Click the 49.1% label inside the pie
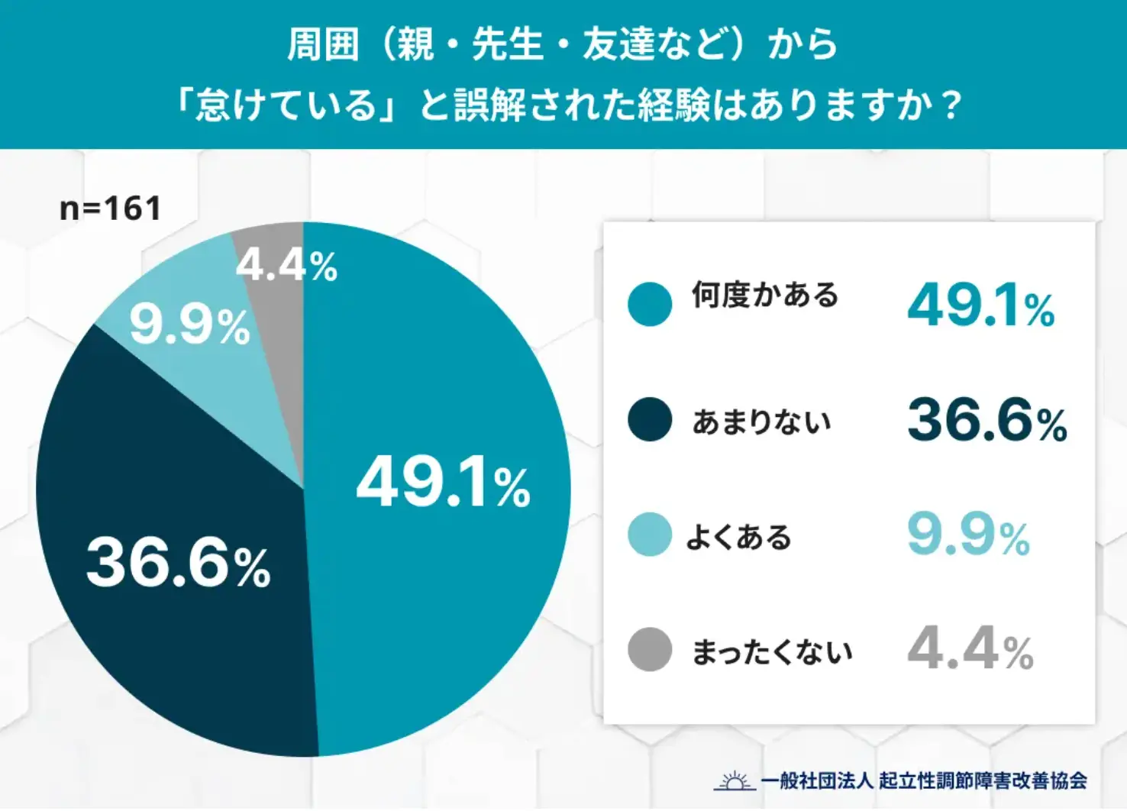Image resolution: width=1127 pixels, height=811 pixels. [443, 483]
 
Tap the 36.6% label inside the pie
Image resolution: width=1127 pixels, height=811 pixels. [178, 564]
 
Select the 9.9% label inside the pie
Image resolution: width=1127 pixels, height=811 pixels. [189, 326]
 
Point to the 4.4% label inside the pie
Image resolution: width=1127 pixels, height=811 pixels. [286, 265]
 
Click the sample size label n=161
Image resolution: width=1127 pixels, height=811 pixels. [111, 208]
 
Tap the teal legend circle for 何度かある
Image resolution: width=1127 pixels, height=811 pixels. [650, 304]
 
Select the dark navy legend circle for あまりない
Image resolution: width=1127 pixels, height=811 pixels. [650, 419]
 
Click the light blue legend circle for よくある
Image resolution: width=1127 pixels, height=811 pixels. [650, 535]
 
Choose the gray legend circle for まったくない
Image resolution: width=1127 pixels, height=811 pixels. [650, 650]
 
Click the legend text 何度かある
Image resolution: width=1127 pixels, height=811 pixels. [765, 295]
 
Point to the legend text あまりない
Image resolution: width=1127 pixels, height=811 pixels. [761, 422]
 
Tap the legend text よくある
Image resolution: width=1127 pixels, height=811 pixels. [738, 537]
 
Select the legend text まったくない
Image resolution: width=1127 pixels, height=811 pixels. [772, 652]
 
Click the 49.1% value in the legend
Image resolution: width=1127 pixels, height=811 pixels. [981, 305]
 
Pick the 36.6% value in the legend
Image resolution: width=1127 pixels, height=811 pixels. [987, 421]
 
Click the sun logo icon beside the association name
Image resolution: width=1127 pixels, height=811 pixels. [735, 780]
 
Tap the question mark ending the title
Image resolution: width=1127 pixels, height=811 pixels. [951, 105]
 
